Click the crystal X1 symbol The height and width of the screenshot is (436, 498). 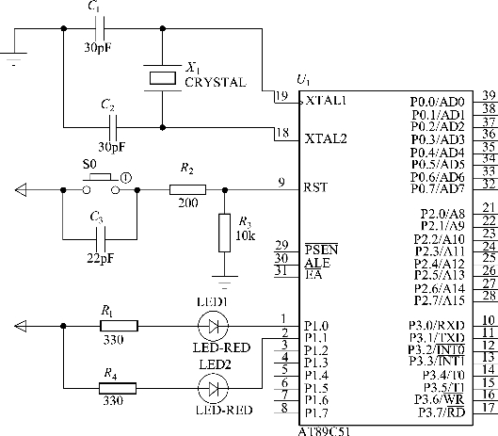[x=163, y=78]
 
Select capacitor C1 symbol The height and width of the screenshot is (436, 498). [x=100, y=28]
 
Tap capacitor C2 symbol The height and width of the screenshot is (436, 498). [x=113, y=127]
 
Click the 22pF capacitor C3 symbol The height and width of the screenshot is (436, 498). [x=101, y=239]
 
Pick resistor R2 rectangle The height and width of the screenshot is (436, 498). [x=187, y=190]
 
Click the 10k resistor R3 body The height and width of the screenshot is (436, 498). [x=225, y=233]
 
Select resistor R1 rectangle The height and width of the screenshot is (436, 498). [x=120, y=326]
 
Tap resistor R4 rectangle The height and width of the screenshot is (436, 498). [x=118, y=388]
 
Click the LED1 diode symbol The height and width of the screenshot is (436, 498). [x=213, y=326]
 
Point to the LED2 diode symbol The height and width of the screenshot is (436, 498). [x=213, y=388]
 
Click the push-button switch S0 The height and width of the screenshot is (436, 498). [x=101, y=185]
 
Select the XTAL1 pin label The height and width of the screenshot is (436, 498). [x=326, y=101]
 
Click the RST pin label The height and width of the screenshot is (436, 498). [x=315, y=187]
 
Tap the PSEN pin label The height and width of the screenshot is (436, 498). [x=321, y=250]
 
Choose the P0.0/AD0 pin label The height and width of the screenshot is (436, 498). [x=438, y=102]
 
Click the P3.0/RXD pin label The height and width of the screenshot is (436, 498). [x=437, y=325]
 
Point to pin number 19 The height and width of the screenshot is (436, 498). [x=281, y=96]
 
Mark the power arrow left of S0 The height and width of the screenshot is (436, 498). [x=21, y=190]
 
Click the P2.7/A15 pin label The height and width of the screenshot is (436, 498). [x=440, y=300]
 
